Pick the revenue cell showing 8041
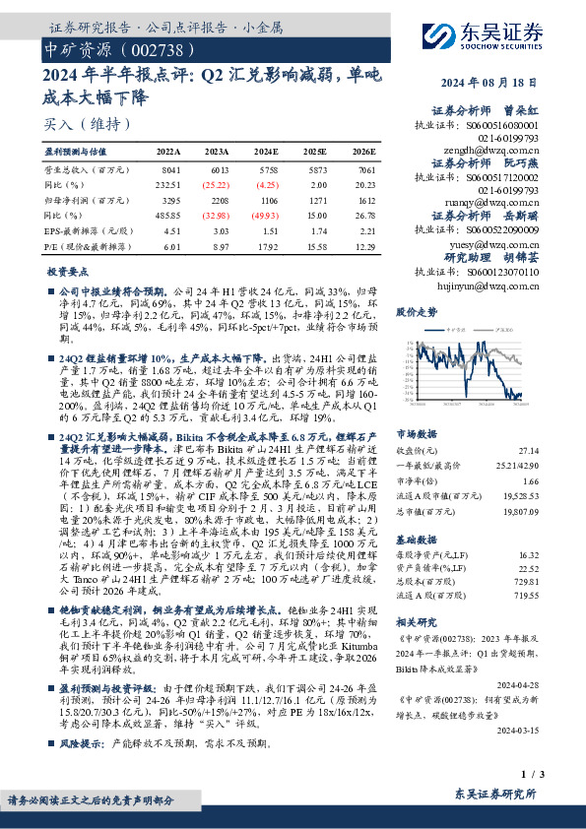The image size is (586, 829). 169,170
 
